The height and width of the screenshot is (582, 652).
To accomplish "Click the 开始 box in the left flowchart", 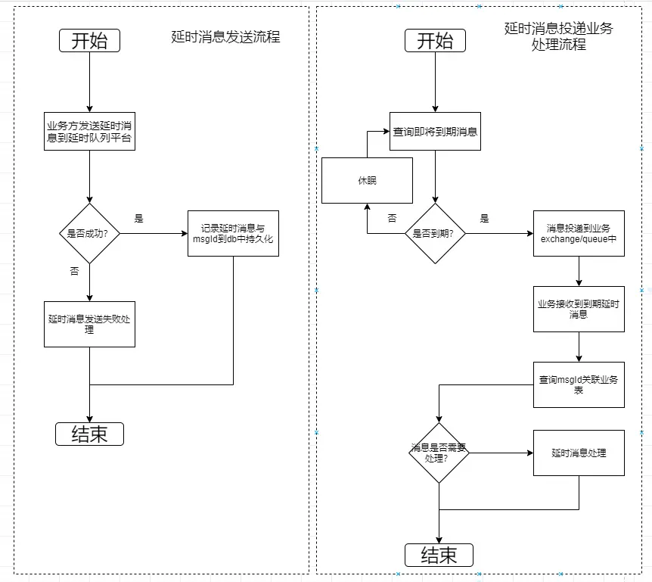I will point(89,41).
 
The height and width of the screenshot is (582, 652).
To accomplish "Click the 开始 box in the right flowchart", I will point(435,41).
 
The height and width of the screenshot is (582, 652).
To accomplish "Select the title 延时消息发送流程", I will point(225,37).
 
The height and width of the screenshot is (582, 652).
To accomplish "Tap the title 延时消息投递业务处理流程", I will point(558,36).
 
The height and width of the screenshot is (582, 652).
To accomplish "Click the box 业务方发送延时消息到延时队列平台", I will point(89,131).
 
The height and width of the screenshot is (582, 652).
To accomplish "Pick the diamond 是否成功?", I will point(89,233).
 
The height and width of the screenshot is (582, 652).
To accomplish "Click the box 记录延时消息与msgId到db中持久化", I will point(233,233).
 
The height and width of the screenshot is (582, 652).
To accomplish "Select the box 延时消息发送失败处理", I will point(89,324).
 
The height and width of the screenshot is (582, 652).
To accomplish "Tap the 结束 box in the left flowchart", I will point(89,434).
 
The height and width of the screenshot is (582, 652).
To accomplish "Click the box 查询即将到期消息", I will point(435,132).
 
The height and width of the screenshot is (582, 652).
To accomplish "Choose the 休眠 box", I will point(367,180).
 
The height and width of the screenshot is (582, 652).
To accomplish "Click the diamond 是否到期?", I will point(435,233).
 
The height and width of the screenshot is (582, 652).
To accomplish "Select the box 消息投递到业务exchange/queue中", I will point(579,233).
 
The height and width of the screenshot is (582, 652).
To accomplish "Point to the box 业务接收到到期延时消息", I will point(579,309).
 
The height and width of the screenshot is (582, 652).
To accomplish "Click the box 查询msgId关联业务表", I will point(579,384).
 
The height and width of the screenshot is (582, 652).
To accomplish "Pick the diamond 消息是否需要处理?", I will point(439,453).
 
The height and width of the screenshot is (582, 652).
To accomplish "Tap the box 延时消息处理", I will point(579,453).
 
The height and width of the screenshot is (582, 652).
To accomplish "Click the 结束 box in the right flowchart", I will point(439,555).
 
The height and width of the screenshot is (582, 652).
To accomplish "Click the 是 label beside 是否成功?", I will point(138,218).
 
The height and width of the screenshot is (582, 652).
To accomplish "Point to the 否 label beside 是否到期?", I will point(392,218).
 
